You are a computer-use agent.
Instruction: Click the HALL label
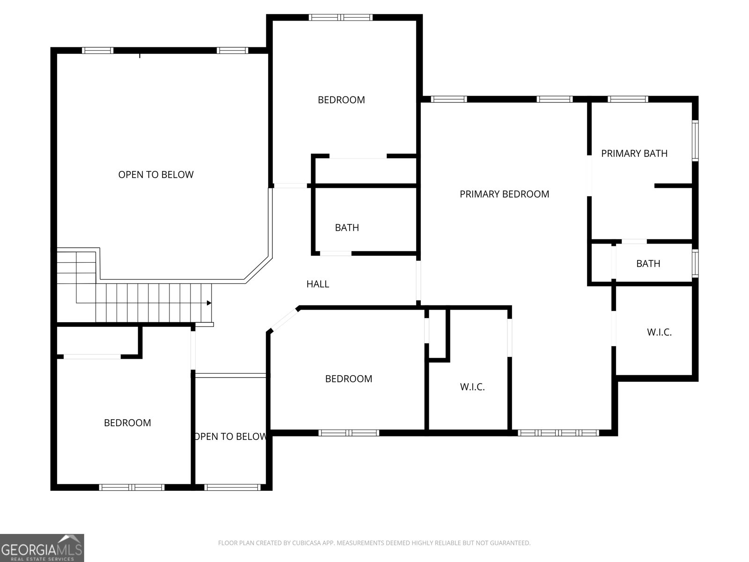point(317,284)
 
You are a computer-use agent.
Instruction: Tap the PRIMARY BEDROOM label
point(504,194)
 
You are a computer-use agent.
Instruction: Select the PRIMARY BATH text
point(634,154)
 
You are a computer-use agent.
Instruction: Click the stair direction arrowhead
point(209,303)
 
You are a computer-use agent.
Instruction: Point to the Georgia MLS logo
point(42,547)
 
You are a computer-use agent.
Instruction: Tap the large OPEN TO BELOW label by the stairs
point(155,175)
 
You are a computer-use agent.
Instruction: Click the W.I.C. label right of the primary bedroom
point(659,333)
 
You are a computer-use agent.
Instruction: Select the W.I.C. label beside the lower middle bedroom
point(472,387)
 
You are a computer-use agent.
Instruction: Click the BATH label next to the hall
point(347,228)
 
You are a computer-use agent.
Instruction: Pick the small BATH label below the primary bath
point(648,263)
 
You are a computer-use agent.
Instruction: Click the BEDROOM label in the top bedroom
point(341,100)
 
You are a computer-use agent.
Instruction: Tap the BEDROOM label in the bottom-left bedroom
point(127,423)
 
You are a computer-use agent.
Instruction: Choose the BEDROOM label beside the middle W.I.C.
point(348,379)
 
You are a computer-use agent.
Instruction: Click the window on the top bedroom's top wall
point(340,17)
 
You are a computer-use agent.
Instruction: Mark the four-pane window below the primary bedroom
point(558,433)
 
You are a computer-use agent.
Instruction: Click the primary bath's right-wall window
point(695,140)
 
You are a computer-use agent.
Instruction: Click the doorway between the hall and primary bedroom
point(419,281)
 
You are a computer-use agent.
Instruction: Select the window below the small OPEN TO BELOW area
point(232,488)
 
